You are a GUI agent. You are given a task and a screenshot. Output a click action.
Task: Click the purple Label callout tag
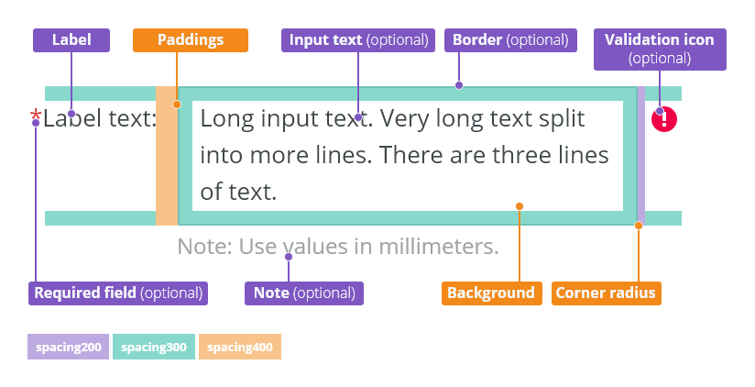pyautogui.click(x=71, y=40)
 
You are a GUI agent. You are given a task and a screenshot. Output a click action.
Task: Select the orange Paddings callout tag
pyautogui.click(x=191, y=40)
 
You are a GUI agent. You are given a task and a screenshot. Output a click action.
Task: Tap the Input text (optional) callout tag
pyautogui.click(x=358, y=40)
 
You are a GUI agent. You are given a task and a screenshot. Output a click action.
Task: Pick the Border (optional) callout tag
pyautogui.click(x=510, y=40)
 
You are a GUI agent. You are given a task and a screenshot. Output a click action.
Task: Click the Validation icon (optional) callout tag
pyautogui.click(x=660, y=50)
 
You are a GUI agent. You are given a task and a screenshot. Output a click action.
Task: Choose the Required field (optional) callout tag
pyautogui.click(x=118, y=293)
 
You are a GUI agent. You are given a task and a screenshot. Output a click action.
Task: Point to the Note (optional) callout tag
pyautogui.click(x=304, y=293)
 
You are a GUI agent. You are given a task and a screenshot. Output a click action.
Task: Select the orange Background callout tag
pyautogui.click(x=492, y=293)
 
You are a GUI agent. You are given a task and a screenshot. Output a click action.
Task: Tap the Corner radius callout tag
pyautogui.click(x=607, y=293)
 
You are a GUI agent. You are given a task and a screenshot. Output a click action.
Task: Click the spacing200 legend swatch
pyautogui.click(x=69, y=347)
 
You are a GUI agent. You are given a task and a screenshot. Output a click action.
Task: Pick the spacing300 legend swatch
pyautogui.click(x=154, y=347)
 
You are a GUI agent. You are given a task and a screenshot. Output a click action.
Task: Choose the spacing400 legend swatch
pyautogui.click(x=240, y=347)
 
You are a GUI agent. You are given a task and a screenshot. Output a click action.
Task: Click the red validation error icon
pyautogui.click(x=664, y=119)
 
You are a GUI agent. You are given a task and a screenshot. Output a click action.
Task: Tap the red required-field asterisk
pyautogui.click(x=36, y=116)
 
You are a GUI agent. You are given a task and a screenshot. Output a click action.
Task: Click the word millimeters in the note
pyautogui.click(x=438, y=247)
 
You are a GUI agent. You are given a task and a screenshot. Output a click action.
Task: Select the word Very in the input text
pyautogui.click(x=403, y=119)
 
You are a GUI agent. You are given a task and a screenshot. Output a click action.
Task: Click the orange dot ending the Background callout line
pyautogui.click(x=519, y=206)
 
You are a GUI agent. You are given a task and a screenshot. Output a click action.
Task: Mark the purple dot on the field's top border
pyautogui.click(x=459, y=85)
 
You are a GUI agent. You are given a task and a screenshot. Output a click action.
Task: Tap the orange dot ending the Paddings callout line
pyautogui.click(x=177, y=105)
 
